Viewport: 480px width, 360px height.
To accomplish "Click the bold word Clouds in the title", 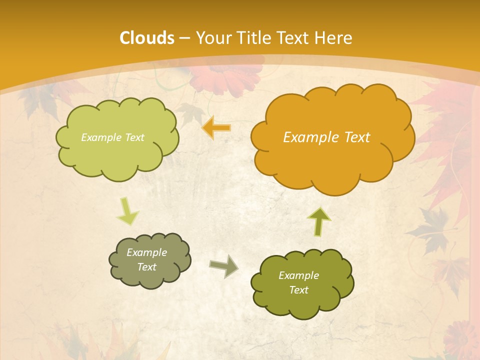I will pos(146,38).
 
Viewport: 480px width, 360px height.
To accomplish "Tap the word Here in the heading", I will pos(334,38).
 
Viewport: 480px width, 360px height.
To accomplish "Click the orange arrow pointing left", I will pos(216,128).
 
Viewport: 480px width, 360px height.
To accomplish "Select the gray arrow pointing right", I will pos(223,266).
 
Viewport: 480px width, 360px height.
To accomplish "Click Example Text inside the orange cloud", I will pos(326,137).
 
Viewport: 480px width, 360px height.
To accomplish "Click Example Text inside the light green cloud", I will pos(112,137).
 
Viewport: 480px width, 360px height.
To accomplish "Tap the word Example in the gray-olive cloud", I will pos(146,252).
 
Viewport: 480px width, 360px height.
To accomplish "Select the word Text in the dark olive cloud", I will pos(298,290).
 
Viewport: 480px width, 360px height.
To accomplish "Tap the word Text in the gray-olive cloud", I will pos(146,267).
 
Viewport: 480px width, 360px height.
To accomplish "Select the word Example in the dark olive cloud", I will pos(298,275).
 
